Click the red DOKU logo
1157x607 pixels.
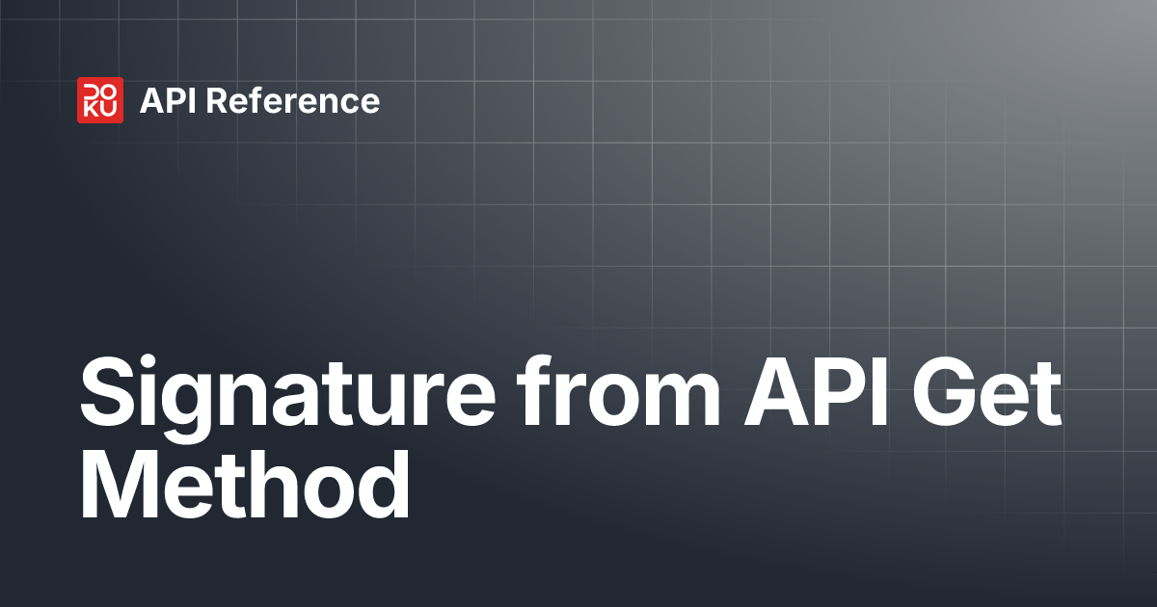(x=99, y=100)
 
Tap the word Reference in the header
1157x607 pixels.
(x=292, y=101)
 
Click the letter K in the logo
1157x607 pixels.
(x=91, y=110)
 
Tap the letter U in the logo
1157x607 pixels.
(x=109, y=110)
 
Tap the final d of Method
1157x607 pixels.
(x=382, y=487)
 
